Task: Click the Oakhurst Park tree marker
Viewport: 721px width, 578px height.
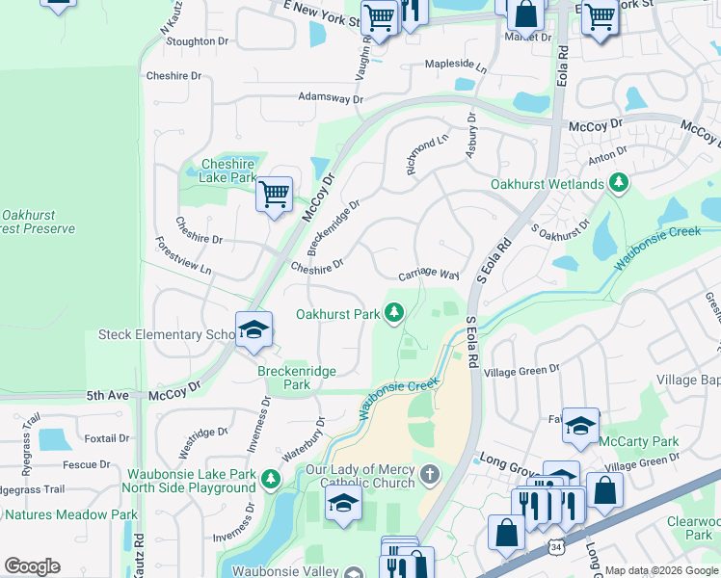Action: pyautogui.click(x=393, y=312)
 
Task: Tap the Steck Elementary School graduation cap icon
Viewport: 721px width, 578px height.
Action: pyautogui.click(x=253, y=330)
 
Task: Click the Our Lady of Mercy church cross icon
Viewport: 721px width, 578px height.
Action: pyautogui.click(x=430, y=474)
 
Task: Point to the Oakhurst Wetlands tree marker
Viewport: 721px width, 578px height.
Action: pyautogui.click(x=618, y=183)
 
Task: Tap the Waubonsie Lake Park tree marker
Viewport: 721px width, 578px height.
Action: pyautogui.click(x=271, y=478)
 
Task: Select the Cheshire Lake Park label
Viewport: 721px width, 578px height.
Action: pyautogui.click(x=227, y=171)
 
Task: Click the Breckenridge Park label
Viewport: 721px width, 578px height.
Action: pyautogui.click(x=284, y=377)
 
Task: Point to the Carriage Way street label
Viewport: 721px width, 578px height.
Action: pyautogui.click(x=429, y=274)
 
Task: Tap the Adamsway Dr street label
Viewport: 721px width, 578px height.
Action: pyautogui.click(x=331, y=98)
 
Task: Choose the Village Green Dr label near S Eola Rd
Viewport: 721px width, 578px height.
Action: pyautogui.click(x=521, y=370)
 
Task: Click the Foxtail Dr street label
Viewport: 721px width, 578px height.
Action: pyautogui.click(x=107, y=438)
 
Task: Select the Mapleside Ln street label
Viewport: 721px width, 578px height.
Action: pyautogui.click(x=457, y=65)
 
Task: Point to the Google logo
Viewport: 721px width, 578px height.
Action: pyautogui.click(x=32, y=566)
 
